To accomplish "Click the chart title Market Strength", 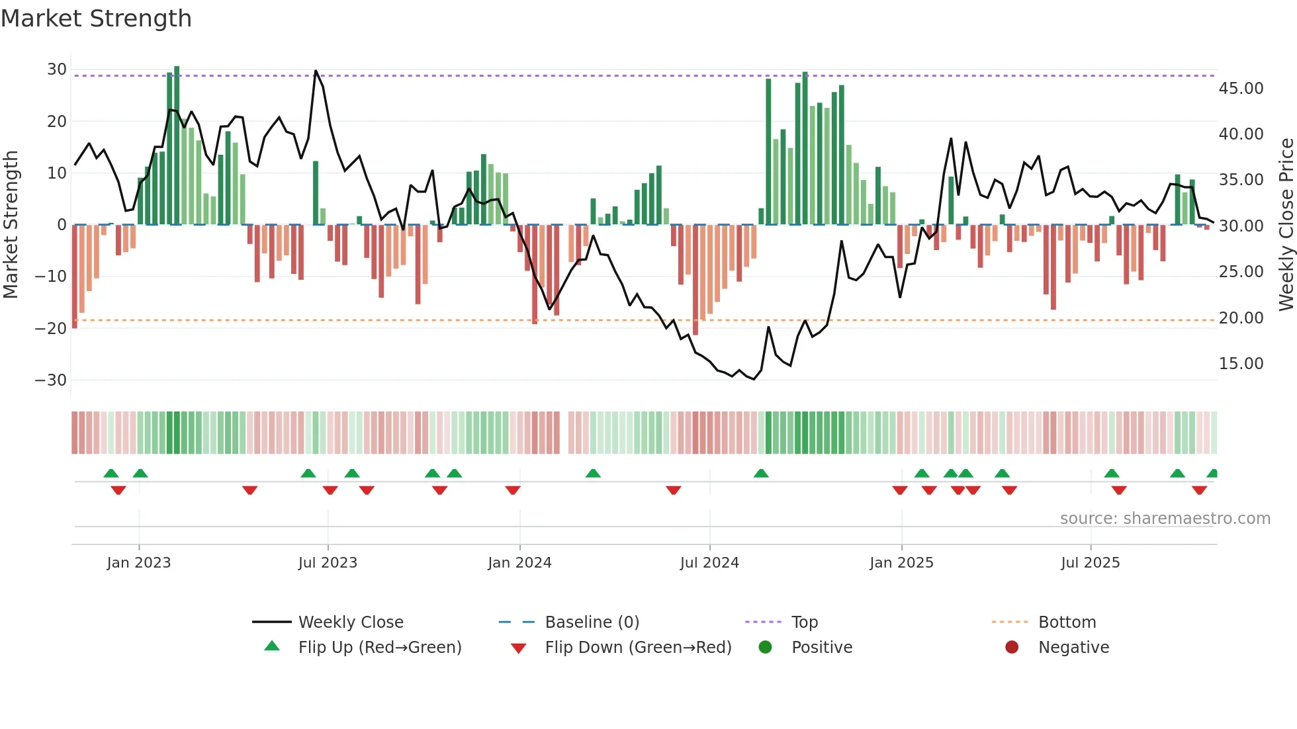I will click(x=96, y=19).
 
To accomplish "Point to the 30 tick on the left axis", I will click(x=57, y=69).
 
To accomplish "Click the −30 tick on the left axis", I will click(x=51, y=380).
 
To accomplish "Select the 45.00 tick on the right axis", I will click(x=1241, y=89).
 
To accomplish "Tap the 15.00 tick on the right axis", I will click(x=1241, y=364).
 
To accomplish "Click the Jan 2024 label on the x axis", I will click(x=519, y=563).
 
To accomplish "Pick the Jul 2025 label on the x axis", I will click(x=1090, y=563).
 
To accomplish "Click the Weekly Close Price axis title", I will click(x=1286, y=225).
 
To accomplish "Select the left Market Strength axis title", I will click(x=11, y=225).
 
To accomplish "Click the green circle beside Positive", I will click(x=765, y=648).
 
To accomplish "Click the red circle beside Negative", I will click(x=1012, y=648).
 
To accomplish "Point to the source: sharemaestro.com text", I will click(x=1165, y=519).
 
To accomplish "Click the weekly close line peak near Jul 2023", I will click(x=316, y=71).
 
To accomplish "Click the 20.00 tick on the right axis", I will click(x=1241, y=318).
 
